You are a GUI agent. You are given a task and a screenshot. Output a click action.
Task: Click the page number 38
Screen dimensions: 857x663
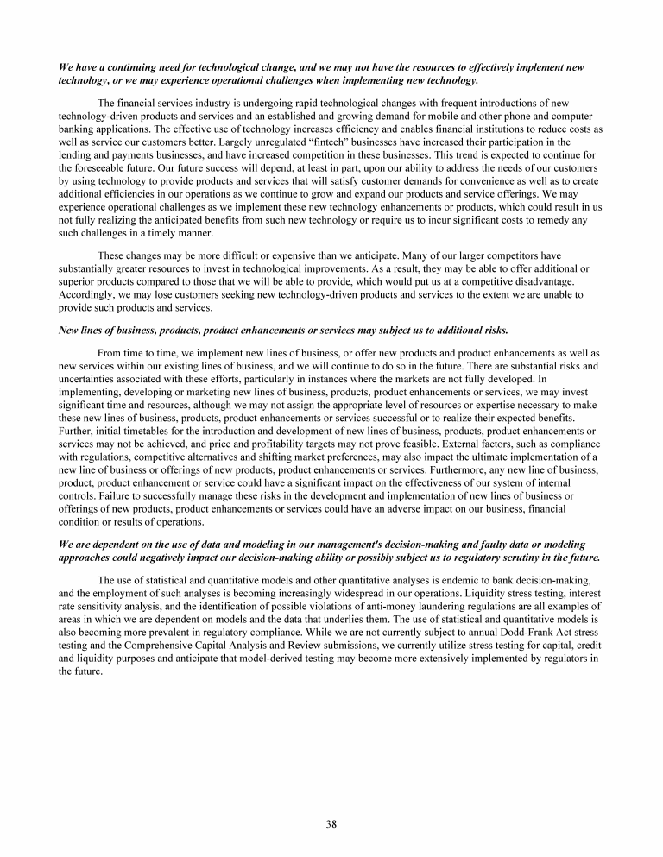pos(331,823)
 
